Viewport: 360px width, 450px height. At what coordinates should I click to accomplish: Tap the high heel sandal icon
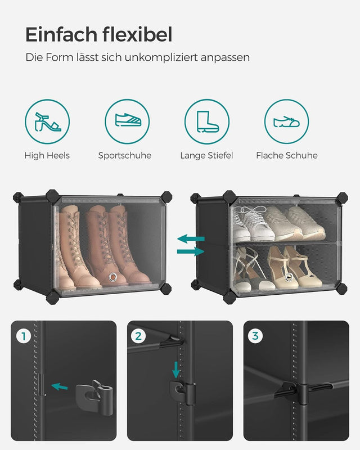point(47,121)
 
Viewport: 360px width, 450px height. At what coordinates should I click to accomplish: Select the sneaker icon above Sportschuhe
point(127,121)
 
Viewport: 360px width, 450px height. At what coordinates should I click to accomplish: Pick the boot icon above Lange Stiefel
point(207,121)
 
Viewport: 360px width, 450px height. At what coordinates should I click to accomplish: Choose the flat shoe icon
point(287,121)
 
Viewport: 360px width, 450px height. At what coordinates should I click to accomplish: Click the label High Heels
point(47,155)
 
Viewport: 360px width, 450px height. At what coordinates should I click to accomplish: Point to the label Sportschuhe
point(125,155)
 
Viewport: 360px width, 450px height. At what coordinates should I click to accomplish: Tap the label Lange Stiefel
point(206,155)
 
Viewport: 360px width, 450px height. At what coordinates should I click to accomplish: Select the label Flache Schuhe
point(287,155)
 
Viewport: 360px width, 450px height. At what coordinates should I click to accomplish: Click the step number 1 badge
point(24,336)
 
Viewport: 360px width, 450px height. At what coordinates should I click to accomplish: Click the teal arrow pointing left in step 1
point(59,386)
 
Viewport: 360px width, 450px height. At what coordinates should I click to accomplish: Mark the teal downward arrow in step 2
point(176,370)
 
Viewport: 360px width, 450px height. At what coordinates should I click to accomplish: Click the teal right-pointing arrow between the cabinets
point(191,251)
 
